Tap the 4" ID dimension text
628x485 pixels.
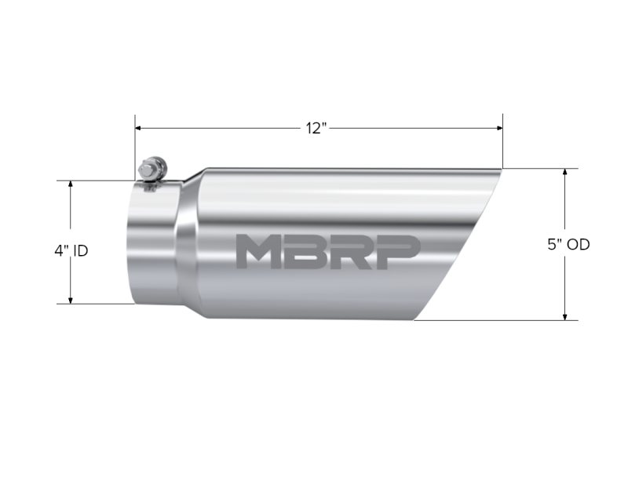coord(71,251)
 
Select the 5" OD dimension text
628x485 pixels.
coord(568,244)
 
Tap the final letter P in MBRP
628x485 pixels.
coord(396,251)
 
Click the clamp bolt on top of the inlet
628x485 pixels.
coord(149,170)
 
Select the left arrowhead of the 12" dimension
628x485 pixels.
coord(139,128)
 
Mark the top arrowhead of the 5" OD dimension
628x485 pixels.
coord(565,172)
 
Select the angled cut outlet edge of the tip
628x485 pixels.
coord(459,243)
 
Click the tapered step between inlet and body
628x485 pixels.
coord(188,243)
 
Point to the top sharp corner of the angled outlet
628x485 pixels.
coord(501,169)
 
